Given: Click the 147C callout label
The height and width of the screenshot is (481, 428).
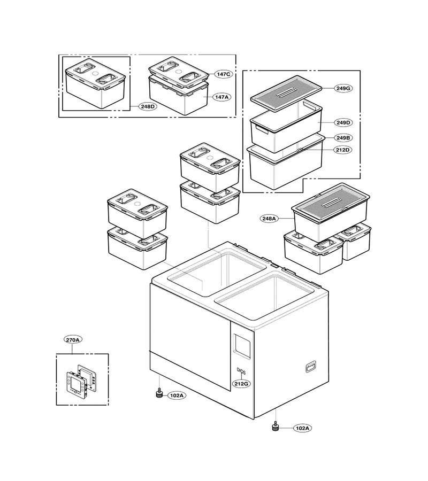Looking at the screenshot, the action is pos(223,74).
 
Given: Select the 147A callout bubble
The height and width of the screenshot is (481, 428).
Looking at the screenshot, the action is pos(222,97).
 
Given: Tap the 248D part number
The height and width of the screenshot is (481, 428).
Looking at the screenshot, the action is pos(148,107).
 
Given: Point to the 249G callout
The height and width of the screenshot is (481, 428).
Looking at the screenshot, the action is pos(343,88).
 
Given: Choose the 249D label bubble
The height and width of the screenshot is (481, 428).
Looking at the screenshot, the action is pos(343,123).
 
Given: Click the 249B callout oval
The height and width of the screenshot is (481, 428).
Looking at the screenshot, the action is pos(343,138).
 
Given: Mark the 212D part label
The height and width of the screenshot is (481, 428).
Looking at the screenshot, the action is pos(343,150).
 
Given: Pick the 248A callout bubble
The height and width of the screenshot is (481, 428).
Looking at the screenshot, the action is pos(269,219).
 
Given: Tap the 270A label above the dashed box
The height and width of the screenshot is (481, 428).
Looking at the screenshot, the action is pos(73,340).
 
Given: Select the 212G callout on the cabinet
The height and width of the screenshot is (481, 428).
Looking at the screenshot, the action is pos(241,384).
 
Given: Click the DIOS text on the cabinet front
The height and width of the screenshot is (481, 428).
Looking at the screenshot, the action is pos(241,371).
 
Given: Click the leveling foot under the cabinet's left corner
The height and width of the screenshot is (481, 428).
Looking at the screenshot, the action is pos(159,393).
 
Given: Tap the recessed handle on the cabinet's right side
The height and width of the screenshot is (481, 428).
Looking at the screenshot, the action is pos(311,367).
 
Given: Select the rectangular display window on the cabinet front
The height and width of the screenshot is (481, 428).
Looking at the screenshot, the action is pos(242,346).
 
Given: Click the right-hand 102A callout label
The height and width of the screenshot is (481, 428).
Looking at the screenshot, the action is pos(302,428).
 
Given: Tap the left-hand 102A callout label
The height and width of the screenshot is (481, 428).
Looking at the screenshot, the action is pos(177,395).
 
